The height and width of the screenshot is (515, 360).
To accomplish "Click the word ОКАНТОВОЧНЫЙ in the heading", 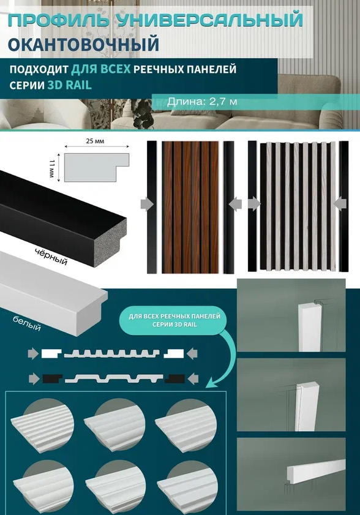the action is pos(83,45).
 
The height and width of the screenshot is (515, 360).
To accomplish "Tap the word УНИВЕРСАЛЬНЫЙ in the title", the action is pos(209,20).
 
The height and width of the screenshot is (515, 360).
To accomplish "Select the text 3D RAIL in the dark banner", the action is pos(70,85).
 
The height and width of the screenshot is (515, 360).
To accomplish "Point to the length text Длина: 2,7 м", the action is pos(202,101).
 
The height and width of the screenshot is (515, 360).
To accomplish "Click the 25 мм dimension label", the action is pos(96,141).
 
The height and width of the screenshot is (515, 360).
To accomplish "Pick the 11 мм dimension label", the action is pos(52,168).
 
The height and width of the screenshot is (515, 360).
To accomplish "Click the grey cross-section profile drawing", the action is pos(97,167).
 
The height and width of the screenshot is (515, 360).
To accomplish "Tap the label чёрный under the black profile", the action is pos(51,257).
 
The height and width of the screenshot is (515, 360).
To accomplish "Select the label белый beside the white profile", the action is pos(27,323).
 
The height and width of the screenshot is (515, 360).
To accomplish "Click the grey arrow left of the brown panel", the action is pos(147,205).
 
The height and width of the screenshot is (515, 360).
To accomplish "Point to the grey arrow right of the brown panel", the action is pos(235,205).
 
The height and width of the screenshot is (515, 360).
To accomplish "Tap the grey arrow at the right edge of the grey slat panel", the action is pos(340,204).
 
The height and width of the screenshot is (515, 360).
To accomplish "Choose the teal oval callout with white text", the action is pos(174,320).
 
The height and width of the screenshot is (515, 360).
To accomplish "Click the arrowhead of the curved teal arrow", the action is pos(209,383).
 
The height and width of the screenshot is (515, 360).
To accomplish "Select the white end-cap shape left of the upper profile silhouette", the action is pos(51,354).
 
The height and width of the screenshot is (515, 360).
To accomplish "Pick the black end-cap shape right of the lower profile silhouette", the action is pos(174,378).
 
